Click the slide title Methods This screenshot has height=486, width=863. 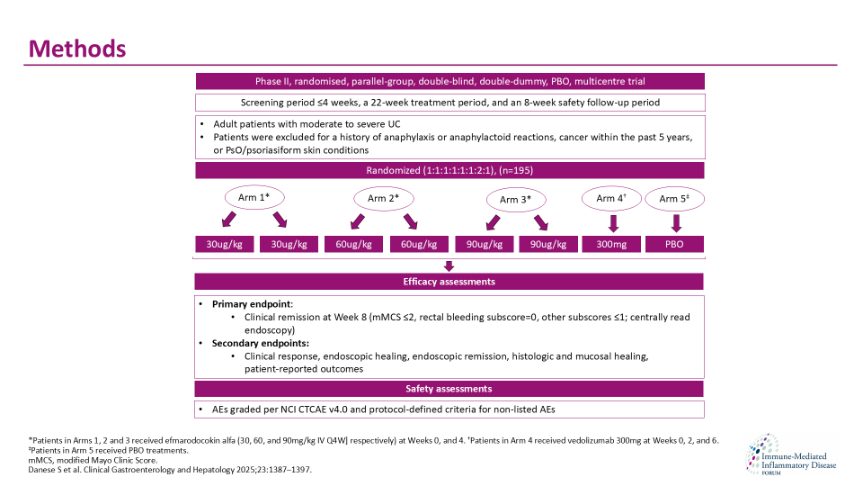click(76, 48)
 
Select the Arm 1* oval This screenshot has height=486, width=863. click(254, 195)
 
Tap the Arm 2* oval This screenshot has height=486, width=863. click(384, 198)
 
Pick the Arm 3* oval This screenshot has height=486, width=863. click(515, 199)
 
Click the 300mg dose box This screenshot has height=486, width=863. click(610, 244)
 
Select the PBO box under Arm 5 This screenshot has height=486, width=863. click(674, 244)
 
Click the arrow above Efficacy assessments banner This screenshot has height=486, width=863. click(449, 265)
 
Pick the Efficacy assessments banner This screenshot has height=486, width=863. click(449, 282)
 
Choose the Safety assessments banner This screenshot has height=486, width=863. click(449, 389)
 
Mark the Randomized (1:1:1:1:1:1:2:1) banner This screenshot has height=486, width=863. click(449, 171)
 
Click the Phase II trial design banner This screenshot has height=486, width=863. click(449, 81)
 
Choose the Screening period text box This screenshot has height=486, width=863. click(449, 103)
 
